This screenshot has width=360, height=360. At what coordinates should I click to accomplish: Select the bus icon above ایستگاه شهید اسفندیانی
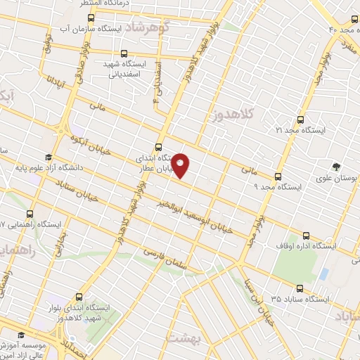124,53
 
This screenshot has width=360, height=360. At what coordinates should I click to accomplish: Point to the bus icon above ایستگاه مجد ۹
278,176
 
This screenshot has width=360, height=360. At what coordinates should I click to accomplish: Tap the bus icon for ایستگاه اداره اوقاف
305,236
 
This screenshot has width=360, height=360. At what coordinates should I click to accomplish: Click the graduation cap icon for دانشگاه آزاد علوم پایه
48,157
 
